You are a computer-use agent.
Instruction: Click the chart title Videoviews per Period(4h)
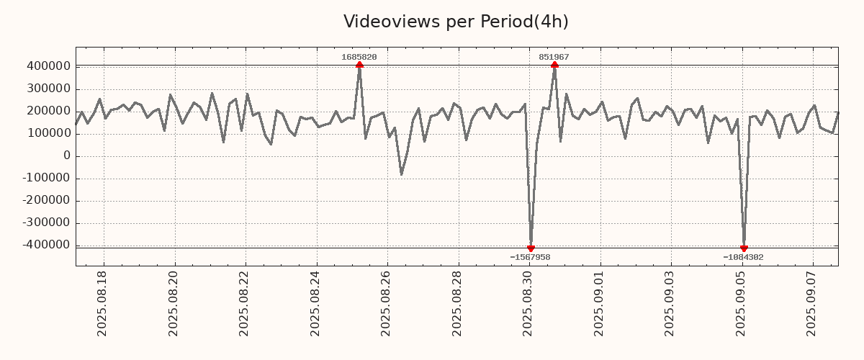point(456,22)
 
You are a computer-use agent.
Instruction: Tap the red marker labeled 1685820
point(359,65)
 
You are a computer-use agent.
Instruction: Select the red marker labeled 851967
point(554,65)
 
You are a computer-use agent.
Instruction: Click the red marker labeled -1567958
point(531,248)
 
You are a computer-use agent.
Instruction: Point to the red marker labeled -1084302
point(744,248)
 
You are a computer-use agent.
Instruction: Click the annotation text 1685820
point(359,57)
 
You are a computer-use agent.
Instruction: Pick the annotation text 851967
point(554,57)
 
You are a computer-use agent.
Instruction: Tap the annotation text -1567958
point(530,257)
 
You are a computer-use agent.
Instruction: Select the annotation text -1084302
point(743,257)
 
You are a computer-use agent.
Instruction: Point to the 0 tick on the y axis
point(66,156)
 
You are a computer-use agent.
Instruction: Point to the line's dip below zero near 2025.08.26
point(401,174)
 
